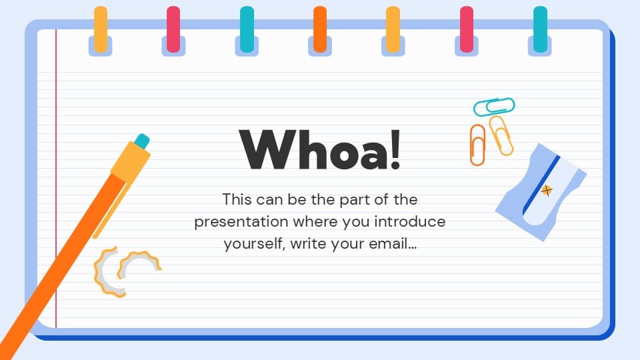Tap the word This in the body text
point(239,199)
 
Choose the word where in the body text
point(318,221)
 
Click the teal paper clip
point(494,106)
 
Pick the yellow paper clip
point(501,135)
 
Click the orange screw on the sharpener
point(547,191)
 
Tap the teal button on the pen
point(141,141)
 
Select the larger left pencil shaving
point(109,270)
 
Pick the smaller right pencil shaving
point(139,264)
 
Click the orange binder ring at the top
point(320,29)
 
